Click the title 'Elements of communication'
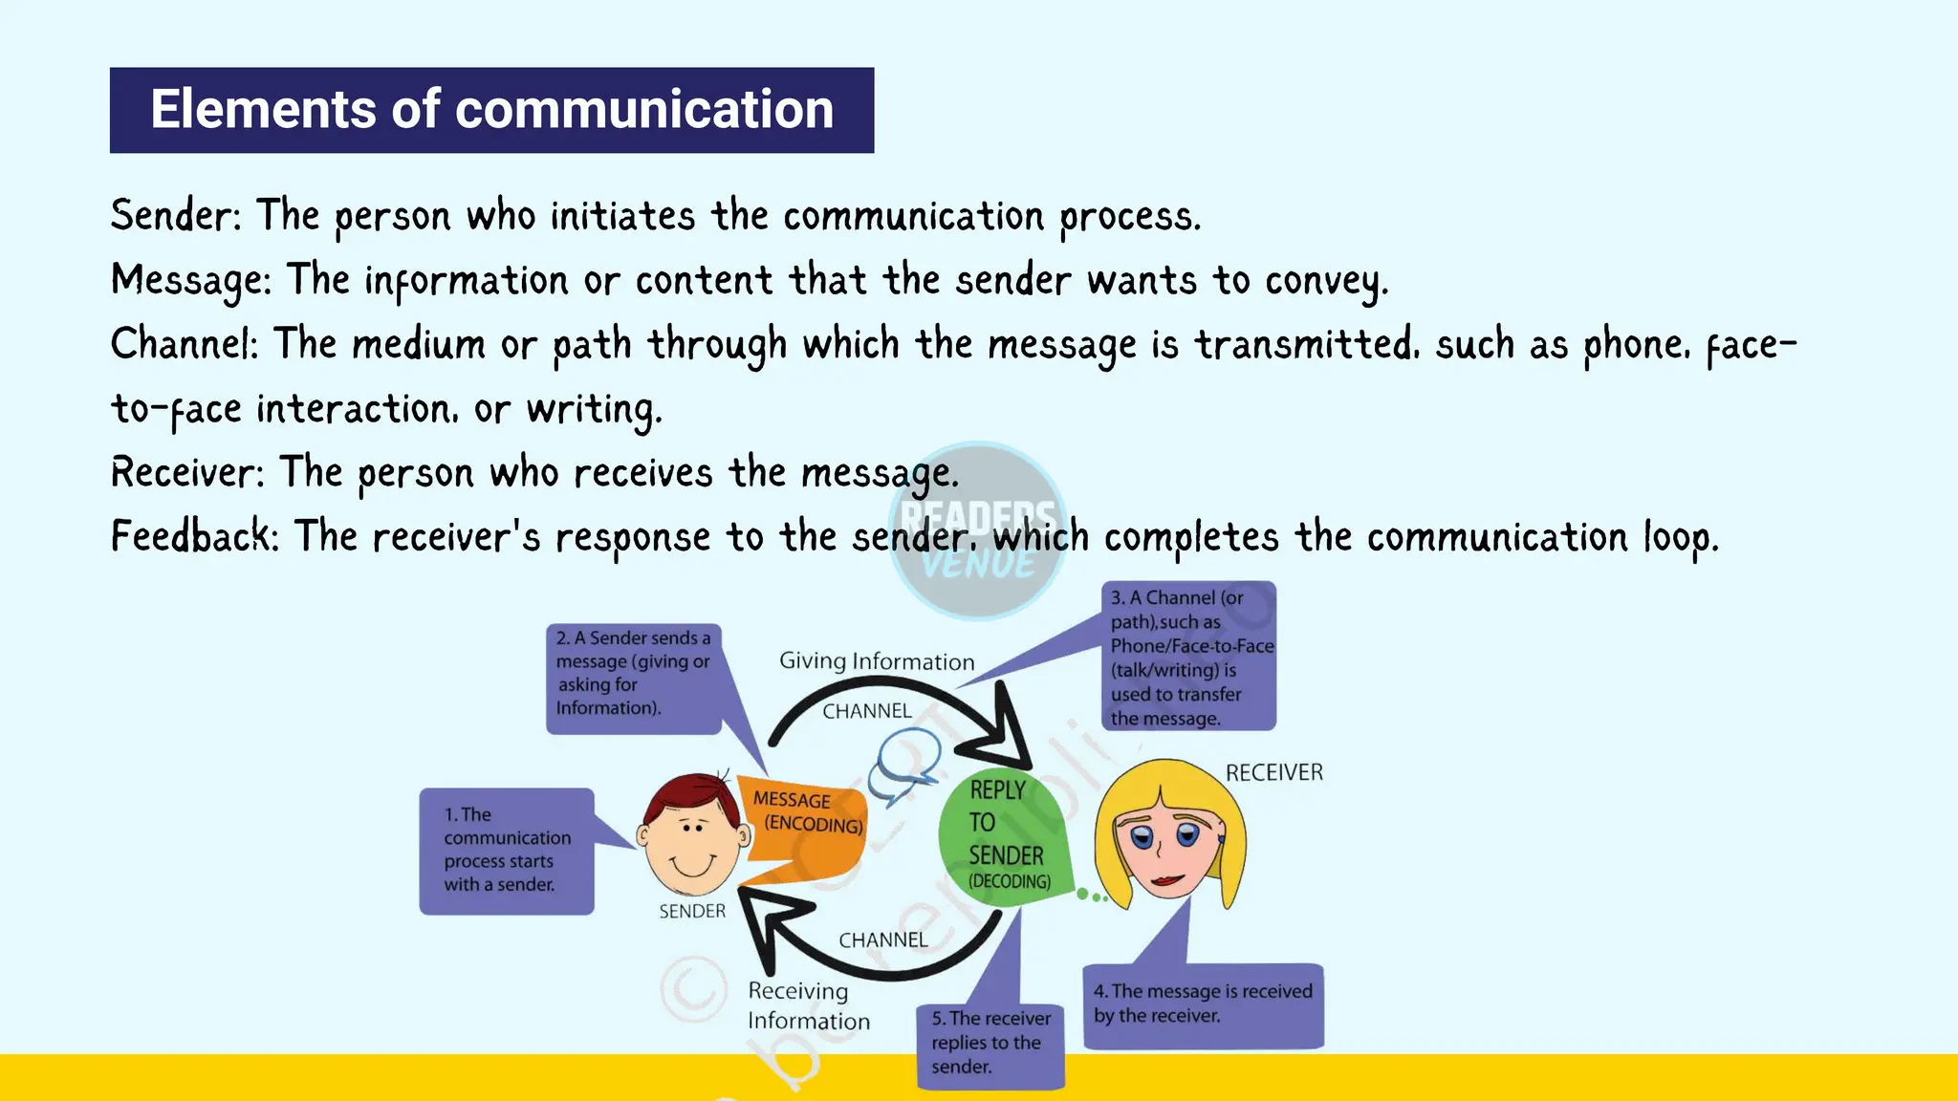[491, 110]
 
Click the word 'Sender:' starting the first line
[176, 215]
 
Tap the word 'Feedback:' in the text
[195, 536]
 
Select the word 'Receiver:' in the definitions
[187, 472]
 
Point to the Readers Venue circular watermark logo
[977, 531]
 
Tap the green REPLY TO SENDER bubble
[1004, 833]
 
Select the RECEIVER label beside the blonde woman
[1273, 772]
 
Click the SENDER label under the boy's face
[692, 912]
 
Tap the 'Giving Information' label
[877, 661]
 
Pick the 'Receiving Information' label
[808, 1005]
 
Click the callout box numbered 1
[507, 851]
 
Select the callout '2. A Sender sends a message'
[634, 678]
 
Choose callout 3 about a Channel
[1189, 658]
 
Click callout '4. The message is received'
[1203, 1004]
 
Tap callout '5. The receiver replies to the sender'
[990, 1044]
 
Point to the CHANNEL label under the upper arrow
[867, 711]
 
